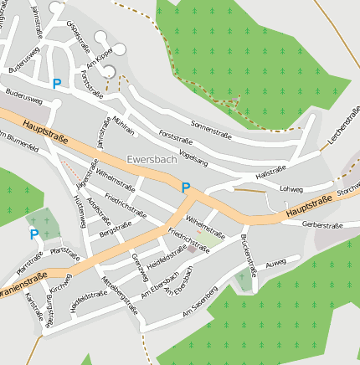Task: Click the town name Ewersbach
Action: pos(152,158)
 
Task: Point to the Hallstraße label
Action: pos(270,173)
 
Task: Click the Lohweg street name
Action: pos(291,189)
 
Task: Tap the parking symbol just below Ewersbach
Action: pos(186,188)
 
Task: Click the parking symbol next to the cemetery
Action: pos(34,234)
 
